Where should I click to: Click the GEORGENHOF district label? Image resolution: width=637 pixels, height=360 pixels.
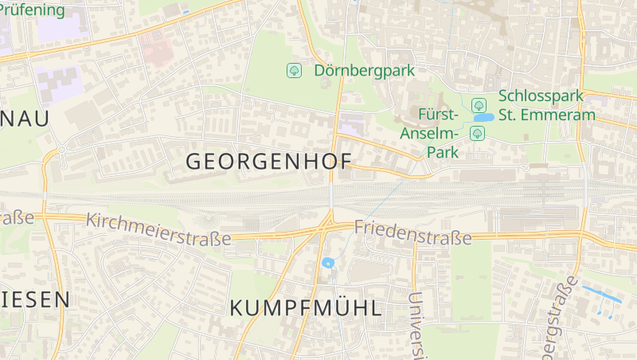click(268, 161)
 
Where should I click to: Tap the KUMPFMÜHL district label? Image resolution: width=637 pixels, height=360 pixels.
click(306, 308)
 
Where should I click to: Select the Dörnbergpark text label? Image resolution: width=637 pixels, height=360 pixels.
click(364, 70)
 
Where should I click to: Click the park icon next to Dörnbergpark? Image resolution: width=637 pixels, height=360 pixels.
click(294, 70)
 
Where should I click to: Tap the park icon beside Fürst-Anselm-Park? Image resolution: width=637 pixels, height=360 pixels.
click(477, 132)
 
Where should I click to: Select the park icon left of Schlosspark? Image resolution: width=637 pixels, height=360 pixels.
click(479, 104)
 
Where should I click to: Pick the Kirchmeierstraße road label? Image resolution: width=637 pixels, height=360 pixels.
click(158, 229)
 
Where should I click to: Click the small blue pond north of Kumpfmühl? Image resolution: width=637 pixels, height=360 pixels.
click(326, 262)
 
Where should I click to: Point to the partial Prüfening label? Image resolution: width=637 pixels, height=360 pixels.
click(32, 10)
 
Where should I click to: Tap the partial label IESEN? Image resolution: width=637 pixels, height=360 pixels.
click(35, 299)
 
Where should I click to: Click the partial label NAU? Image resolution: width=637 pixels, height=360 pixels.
click(24, 119)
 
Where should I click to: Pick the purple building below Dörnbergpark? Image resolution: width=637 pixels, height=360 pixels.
click(350, 123)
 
